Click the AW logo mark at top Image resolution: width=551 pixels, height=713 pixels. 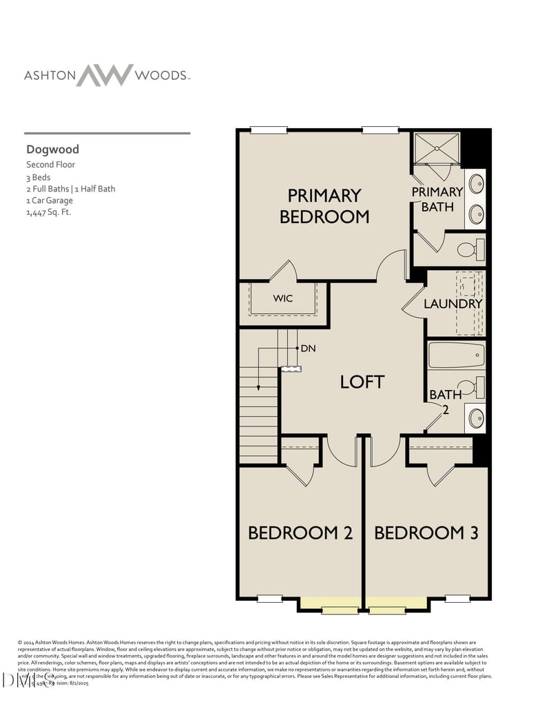tap(105, 74)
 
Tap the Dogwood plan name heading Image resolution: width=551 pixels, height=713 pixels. tap(52, 149)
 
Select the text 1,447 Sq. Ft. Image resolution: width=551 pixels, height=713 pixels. tap(48, 212)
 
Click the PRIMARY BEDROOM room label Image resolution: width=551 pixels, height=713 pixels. tap(324, 206)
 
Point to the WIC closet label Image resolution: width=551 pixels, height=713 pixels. tap(283, 299)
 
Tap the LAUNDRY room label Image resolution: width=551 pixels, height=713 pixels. tap(453, 304)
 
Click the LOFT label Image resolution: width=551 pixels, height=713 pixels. tap(362, 382)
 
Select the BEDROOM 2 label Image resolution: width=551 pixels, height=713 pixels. tap(300, 533)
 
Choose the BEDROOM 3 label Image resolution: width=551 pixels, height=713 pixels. tap(426, 533)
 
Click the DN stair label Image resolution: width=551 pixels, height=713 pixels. tap(308, 349)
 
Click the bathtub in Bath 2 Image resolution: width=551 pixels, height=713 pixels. tap(456, 355)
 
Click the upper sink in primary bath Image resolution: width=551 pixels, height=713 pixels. tap(475, 184)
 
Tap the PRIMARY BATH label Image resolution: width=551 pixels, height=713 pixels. tap(437, 198)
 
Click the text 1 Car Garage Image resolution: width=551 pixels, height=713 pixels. tap(49, 200)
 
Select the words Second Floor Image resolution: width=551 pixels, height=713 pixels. tap(50, 165)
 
